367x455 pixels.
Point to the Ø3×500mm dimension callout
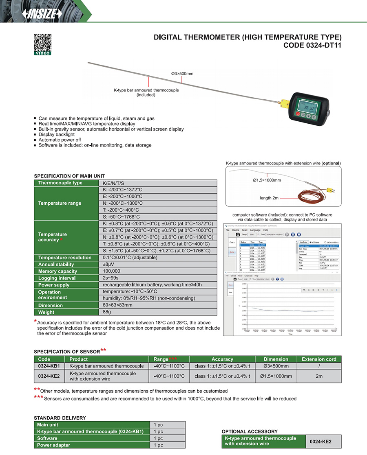pos(182,74)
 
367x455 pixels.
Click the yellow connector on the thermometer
pos(283,101)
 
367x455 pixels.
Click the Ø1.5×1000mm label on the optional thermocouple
pos(267,179)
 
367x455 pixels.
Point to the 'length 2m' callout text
pos(269,198)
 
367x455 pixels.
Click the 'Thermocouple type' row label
pos(60,183)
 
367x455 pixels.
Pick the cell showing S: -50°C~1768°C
pos(122,217)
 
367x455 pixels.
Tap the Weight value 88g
pos(107,312)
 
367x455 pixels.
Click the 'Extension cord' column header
pos(319,359)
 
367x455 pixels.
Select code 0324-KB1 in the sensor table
pos(49,366)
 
